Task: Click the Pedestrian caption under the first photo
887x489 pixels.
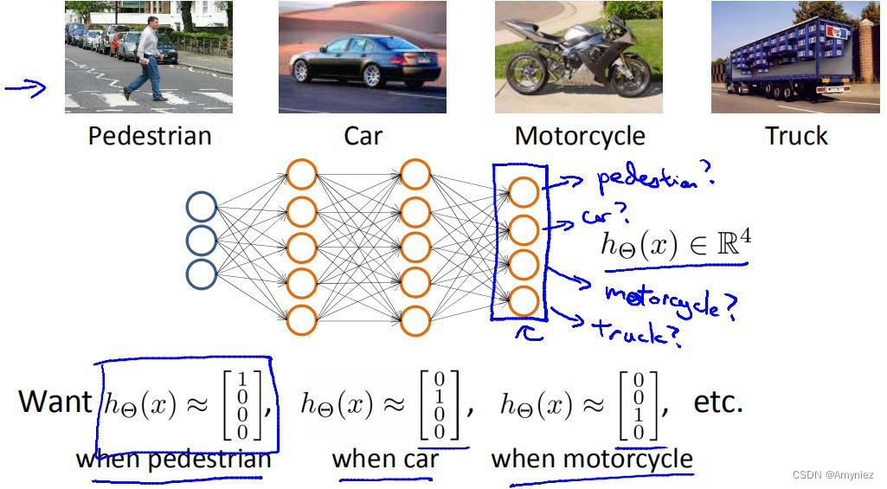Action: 150,136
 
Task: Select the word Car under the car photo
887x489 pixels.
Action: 363,136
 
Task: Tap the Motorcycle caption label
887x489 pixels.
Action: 580,136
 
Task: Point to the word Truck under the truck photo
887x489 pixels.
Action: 796,136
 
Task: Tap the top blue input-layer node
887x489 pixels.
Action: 202,208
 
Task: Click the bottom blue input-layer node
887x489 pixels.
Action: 202,273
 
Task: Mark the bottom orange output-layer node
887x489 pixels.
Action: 524,301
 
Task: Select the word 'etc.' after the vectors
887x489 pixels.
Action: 718,402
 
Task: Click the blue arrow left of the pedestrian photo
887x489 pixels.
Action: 25,87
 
